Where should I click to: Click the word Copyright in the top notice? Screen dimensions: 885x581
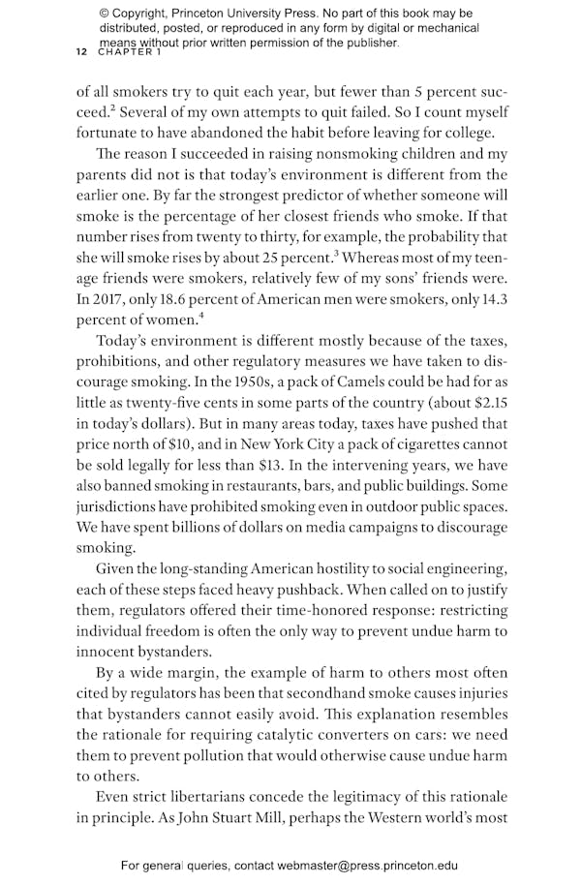pyautogui.click(x=144, y=14)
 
